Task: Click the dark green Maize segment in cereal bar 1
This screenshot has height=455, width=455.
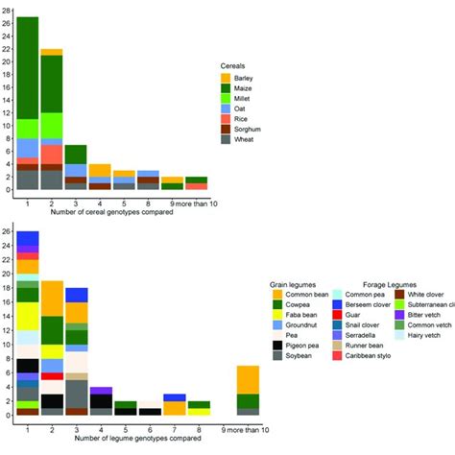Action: click(x=28, y=67)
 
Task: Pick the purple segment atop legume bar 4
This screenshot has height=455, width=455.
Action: click(x=102, y=390)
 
